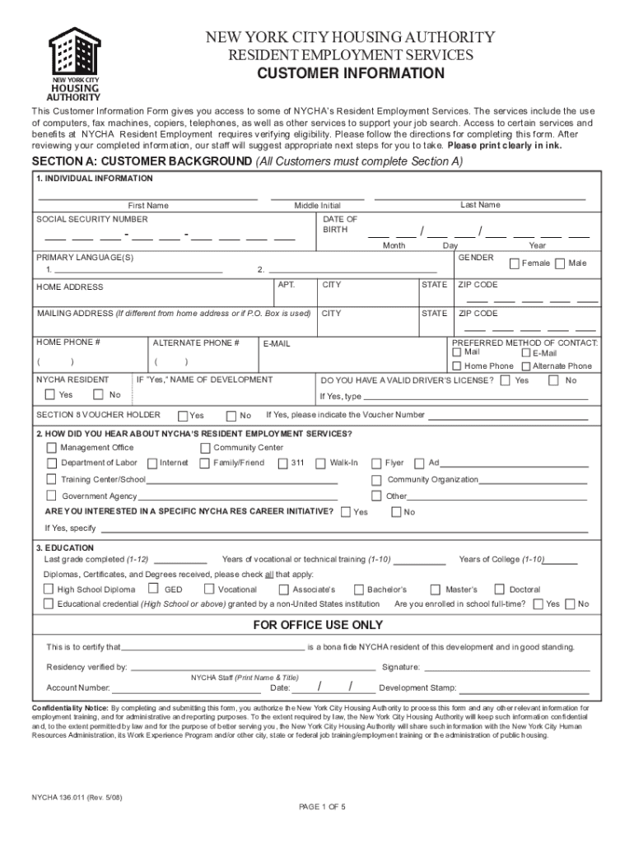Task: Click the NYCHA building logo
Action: point(74,63)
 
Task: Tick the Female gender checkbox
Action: point(515,263)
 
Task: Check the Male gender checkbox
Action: point(560,263)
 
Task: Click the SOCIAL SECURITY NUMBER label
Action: point(92,220)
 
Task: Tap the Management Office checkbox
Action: point(52,448)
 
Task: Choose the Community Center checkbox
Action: point(205,448)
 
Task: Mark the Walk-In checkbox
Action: point(322,463)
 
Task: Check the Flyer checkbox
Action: point(377,463)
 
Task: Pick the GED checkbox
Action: point(154,589)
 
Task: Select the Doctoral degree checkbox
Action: point(498,589)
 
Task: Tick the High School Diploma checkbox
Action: point(49,589)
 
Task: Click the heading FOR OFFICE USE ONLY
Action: point(317,626)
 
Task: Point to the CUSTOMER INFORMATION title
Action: point(351,73)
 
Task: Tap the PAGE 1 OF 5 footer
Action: point(322,807)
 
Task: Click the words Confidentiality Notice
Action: point(70,708)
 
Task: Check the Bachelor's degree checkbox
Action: point(359,589)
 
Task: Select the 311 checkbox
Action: point(282,463)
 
